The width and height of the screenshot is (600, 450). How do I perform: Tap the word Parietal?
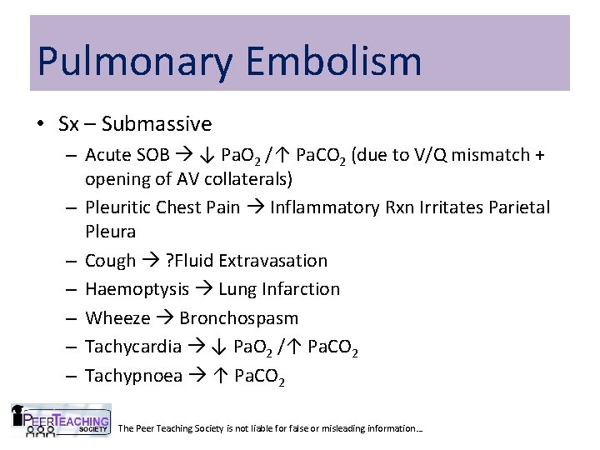(x=517, y=207)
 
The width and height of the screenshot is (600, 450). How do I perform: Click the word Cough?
(x=111, y=261)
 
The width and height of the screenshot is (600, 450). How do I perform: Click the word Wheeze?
(x=117, y=318)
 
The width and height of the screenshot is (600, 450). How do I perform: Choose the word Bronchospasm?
(x=239, y=318)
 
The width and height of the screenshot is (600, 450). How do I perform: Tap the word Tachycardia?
(x=133, y=347)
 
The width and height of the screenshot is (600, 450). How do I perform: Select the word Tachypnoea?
(x=133, y=376)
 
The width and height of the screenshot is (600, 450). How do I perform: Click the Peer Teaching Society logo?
(x=60, y=421)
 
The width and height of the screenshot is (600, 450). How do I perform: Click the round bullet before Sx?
(x=41, y=125)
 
